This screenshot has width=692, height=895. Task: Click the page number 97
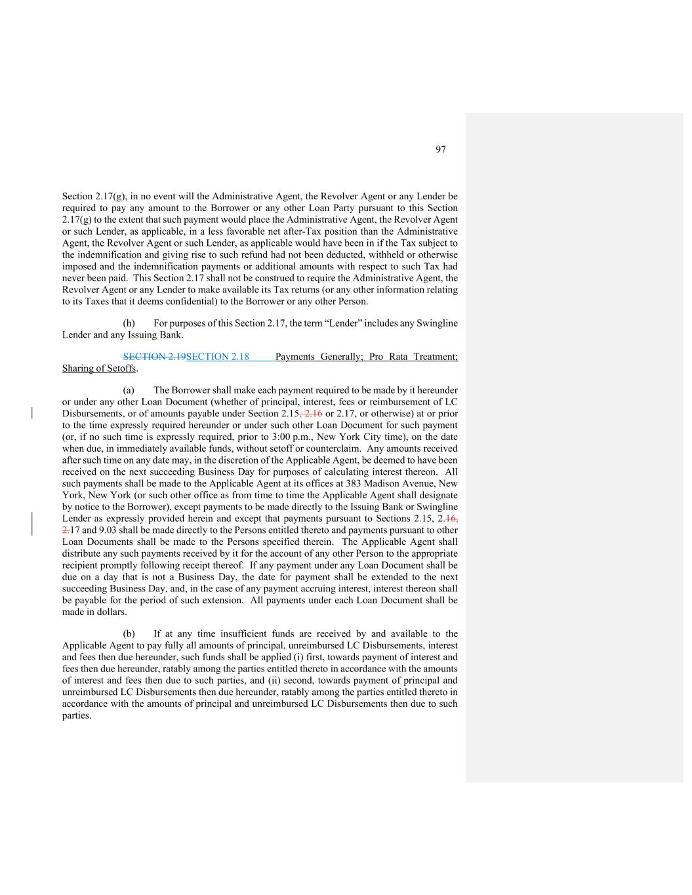440,149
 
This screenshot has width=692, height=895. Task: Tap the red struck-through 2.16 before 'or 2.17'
313,414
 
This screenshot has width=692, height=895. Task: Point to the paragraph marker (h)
129,323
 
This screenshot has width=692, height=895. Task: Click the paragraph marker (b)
129,633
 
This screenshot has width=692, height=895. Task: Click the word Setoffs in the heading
121,368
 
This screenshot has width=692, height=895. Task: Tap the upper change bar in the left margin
32,413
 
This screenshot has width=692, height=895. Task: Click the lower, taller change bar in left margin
32,524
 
